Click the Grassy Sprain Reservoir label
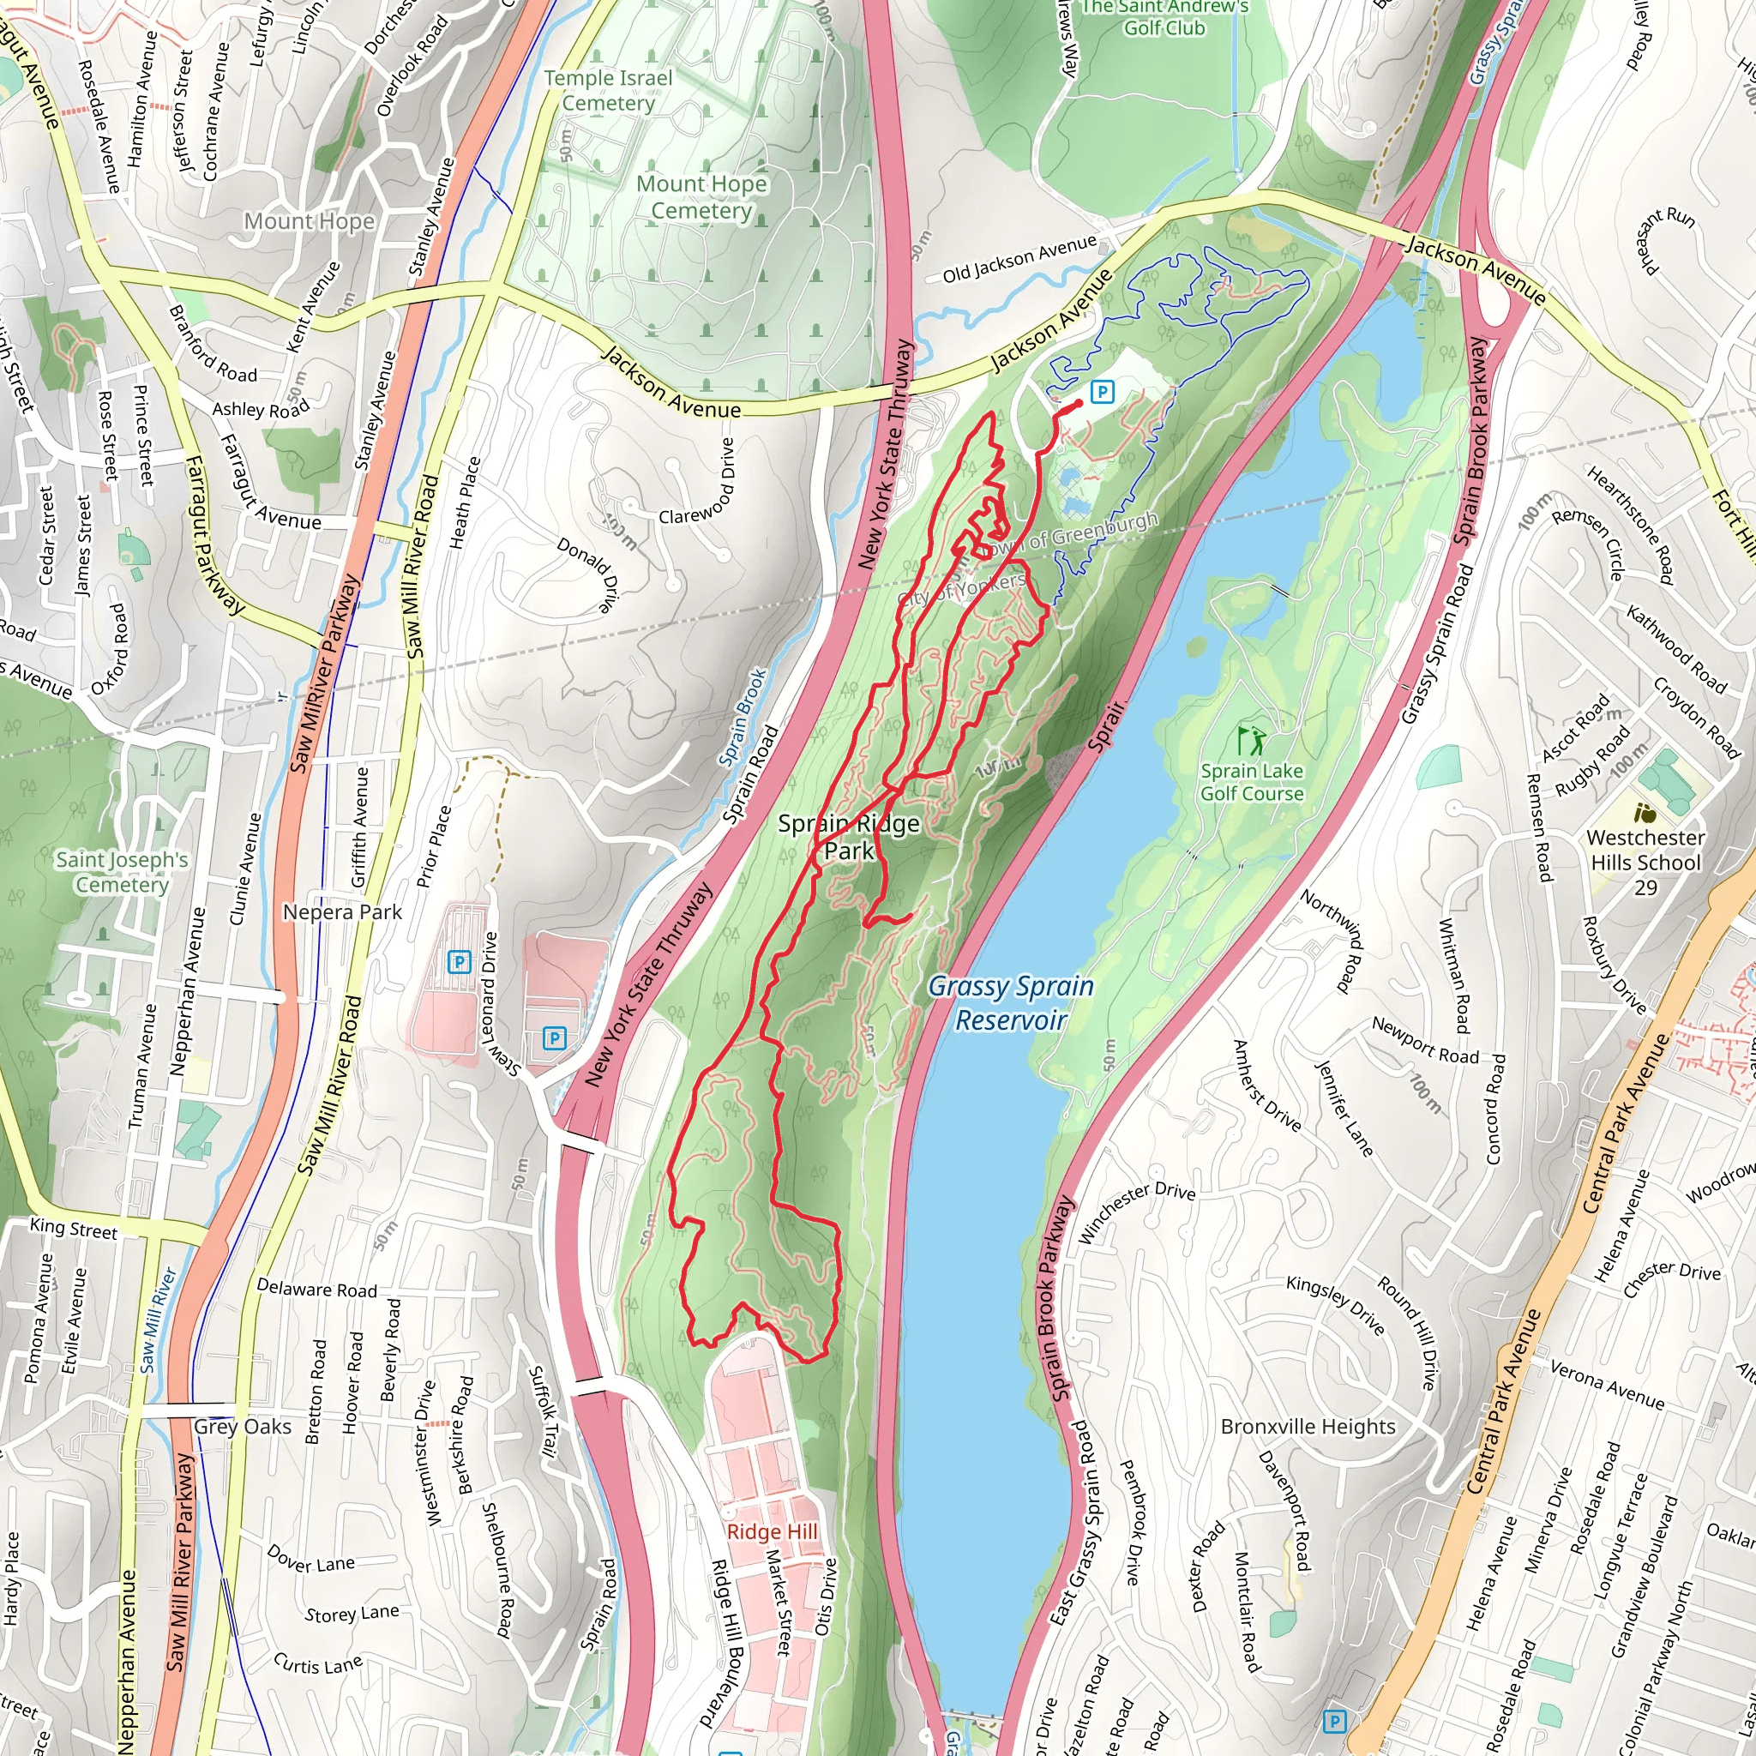1010,1003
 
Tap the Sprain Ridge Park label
849,837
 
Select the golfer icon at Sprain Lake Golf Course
1253,740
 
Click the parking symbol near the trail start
1102,392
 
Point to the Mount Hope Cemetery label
701,197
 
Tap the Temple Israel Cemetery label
608,91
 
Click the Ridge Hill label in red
772,1531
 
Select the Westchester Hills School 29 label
1645,862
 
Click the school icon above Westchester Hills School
1644,812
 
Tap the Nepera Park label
342,911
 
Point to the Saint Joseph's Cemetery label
122,872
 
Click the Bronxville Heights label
1307,1426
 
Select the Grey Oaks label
242,1426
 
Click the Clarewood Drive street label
697,482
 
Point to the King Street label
74,1229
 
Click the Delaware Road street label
316,1289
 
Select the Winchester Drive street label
1136,1213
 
